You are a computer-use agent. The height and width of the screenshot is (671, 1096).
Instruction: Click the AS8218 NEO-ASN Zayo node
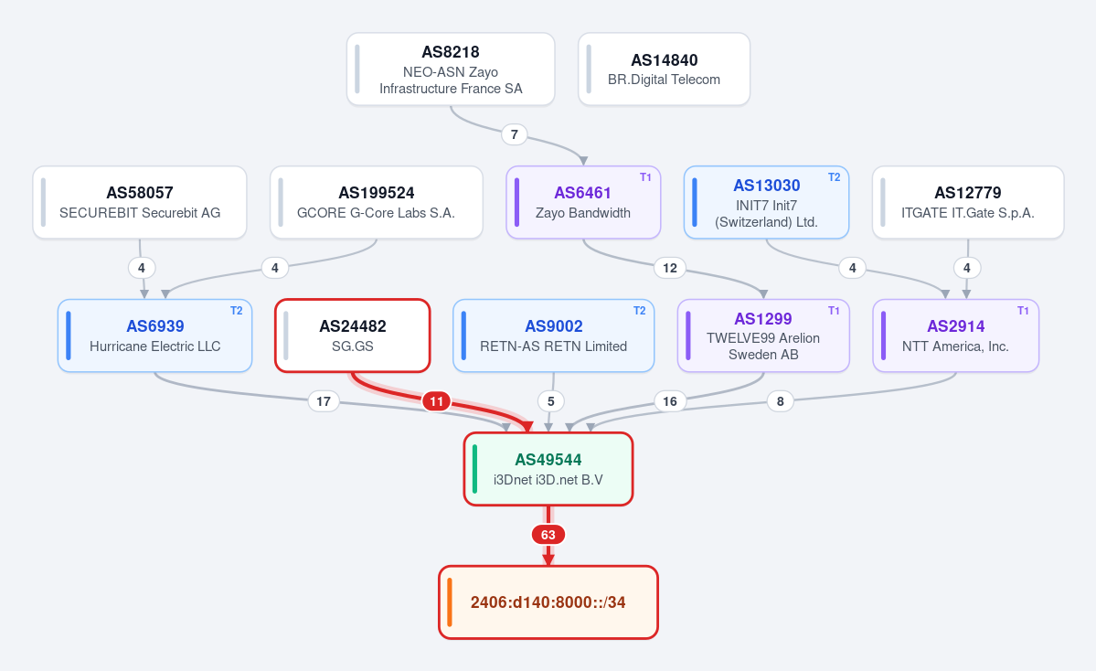click(x=451, y=69)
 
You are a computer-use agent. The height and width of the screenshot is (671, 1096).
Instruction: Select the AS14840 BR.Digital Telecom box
click(x=664, y=69)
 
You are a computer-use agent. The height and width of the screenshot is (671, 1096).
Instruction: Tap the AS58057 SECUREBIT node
click(x=140, y=202)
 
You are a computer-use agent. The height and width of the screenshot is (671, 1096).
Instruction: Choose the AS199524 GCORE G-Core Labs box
click(x=376, y=202)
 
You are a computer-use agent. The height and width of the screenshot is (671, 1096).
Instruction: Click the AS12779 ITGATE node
click(x=968, y=202)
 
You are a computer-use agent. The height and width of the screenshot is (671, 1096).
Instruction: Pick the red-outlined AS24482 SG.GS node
click(x=352, y=335)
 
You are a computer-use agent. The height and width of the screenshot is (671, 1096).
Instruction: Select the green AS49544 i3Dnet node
click(x=548, y=469)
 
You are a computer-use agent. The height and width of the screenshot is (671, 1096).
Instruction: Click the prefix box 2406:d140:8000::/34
click(x=548, y=602)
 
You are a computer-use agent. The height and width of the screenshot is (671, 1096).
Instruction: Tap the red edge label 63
click(x=548, y=535)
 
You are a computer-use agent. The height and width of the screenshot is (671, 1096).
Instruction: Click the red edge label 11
click(x=436, y=401)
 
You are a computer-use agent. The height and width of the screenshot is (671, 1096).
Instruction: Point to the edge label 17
click(x=324, y=401)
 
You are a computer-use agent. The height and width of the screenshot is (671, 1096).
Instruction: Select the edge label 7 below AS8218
click(x=515, y=134)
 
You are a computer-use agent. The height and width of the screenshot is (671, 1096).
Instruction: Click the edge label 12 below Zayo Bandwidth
click(x=670, y=268)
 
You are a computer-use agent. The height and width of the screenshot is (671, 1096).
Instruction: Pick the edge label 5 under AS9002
click(x=551, y=401)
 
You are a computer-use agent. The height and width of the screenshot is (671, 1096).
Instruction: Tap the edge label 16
click(x=670, y=401)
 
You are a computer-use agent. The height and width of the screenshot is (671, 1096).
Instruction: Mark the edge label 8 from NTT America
click(x=780, y=401)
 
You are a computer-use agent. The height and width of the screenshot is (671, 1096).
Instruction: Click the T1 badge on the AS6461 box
click(x=646, y=177)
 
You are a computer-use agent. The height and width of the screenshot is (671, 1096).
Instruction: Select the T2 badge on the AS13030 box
click(x=834, y=177)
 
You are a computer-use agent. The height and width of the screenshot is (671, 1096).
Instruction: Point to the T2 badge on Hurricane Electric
click(x=236, y=311)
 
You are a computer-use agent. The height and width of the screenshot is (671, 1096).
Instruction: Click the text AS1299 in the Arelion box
click(x=763, y=319)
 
